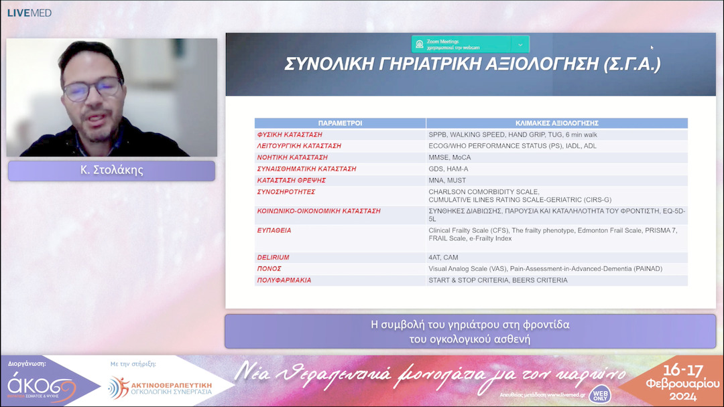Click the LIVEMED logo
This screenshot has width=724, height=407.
29,13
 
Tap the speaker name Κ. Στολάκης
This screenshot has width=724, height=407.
111,170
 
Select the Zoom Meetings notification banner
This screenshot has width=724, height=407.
470,44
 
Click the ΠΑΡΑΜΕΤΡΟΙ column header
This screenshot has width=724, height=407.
340,123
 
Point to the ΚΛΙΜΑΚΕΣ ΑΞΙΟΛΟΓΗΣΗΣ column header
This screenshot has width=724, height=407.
556,123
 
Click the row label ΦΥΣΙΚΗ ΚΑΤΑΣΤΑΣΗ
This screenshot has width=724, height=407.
290,135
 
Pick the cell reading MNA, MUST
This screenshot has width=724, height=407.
447,180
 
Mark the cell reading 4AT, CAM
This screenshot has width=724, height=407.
443,257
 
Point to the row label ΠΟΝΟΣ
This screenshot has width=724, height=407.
269,268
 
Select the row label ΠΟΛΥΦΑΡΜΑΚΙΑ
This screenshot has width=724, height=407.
284,280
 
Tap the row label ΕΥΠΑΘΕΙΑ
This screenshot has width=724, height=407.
274,230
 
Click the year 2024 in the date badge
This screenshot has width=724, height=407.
682,396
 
